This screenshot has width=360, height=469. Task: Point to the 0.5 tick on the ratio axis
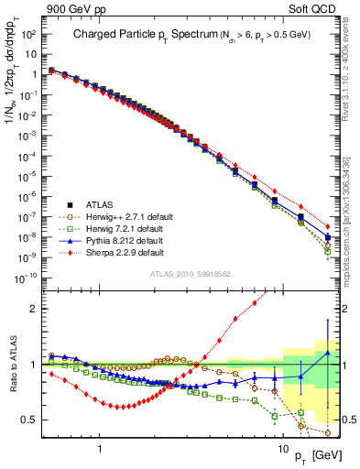point(28,420)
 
